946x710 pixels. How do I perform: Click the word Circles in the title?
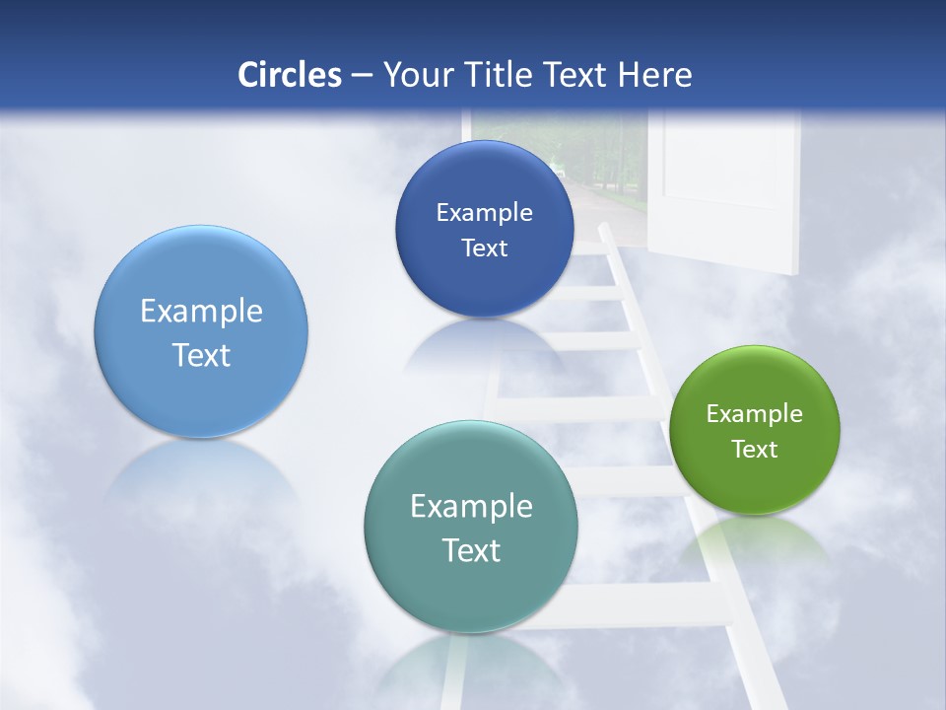point(289,75)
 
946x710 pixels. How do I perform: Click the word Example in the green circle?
point(755,414)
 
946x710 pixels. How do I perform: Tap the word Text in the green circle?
point(755,450)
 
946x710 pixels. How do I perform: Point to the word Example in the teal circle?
point(471,507)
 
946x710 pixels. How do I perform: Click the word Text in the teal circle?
point(471,550)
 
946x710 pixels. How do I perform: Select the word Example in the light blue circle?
point(201,312)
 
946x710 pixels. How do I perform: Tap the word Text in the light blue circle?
point(201,355)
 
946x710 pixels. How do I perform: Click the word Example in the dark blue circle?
point(484,213)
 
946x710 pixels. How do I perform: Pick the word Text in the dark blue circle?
point(484,248)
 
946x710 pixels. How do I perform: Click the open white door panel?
point(729,187)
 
